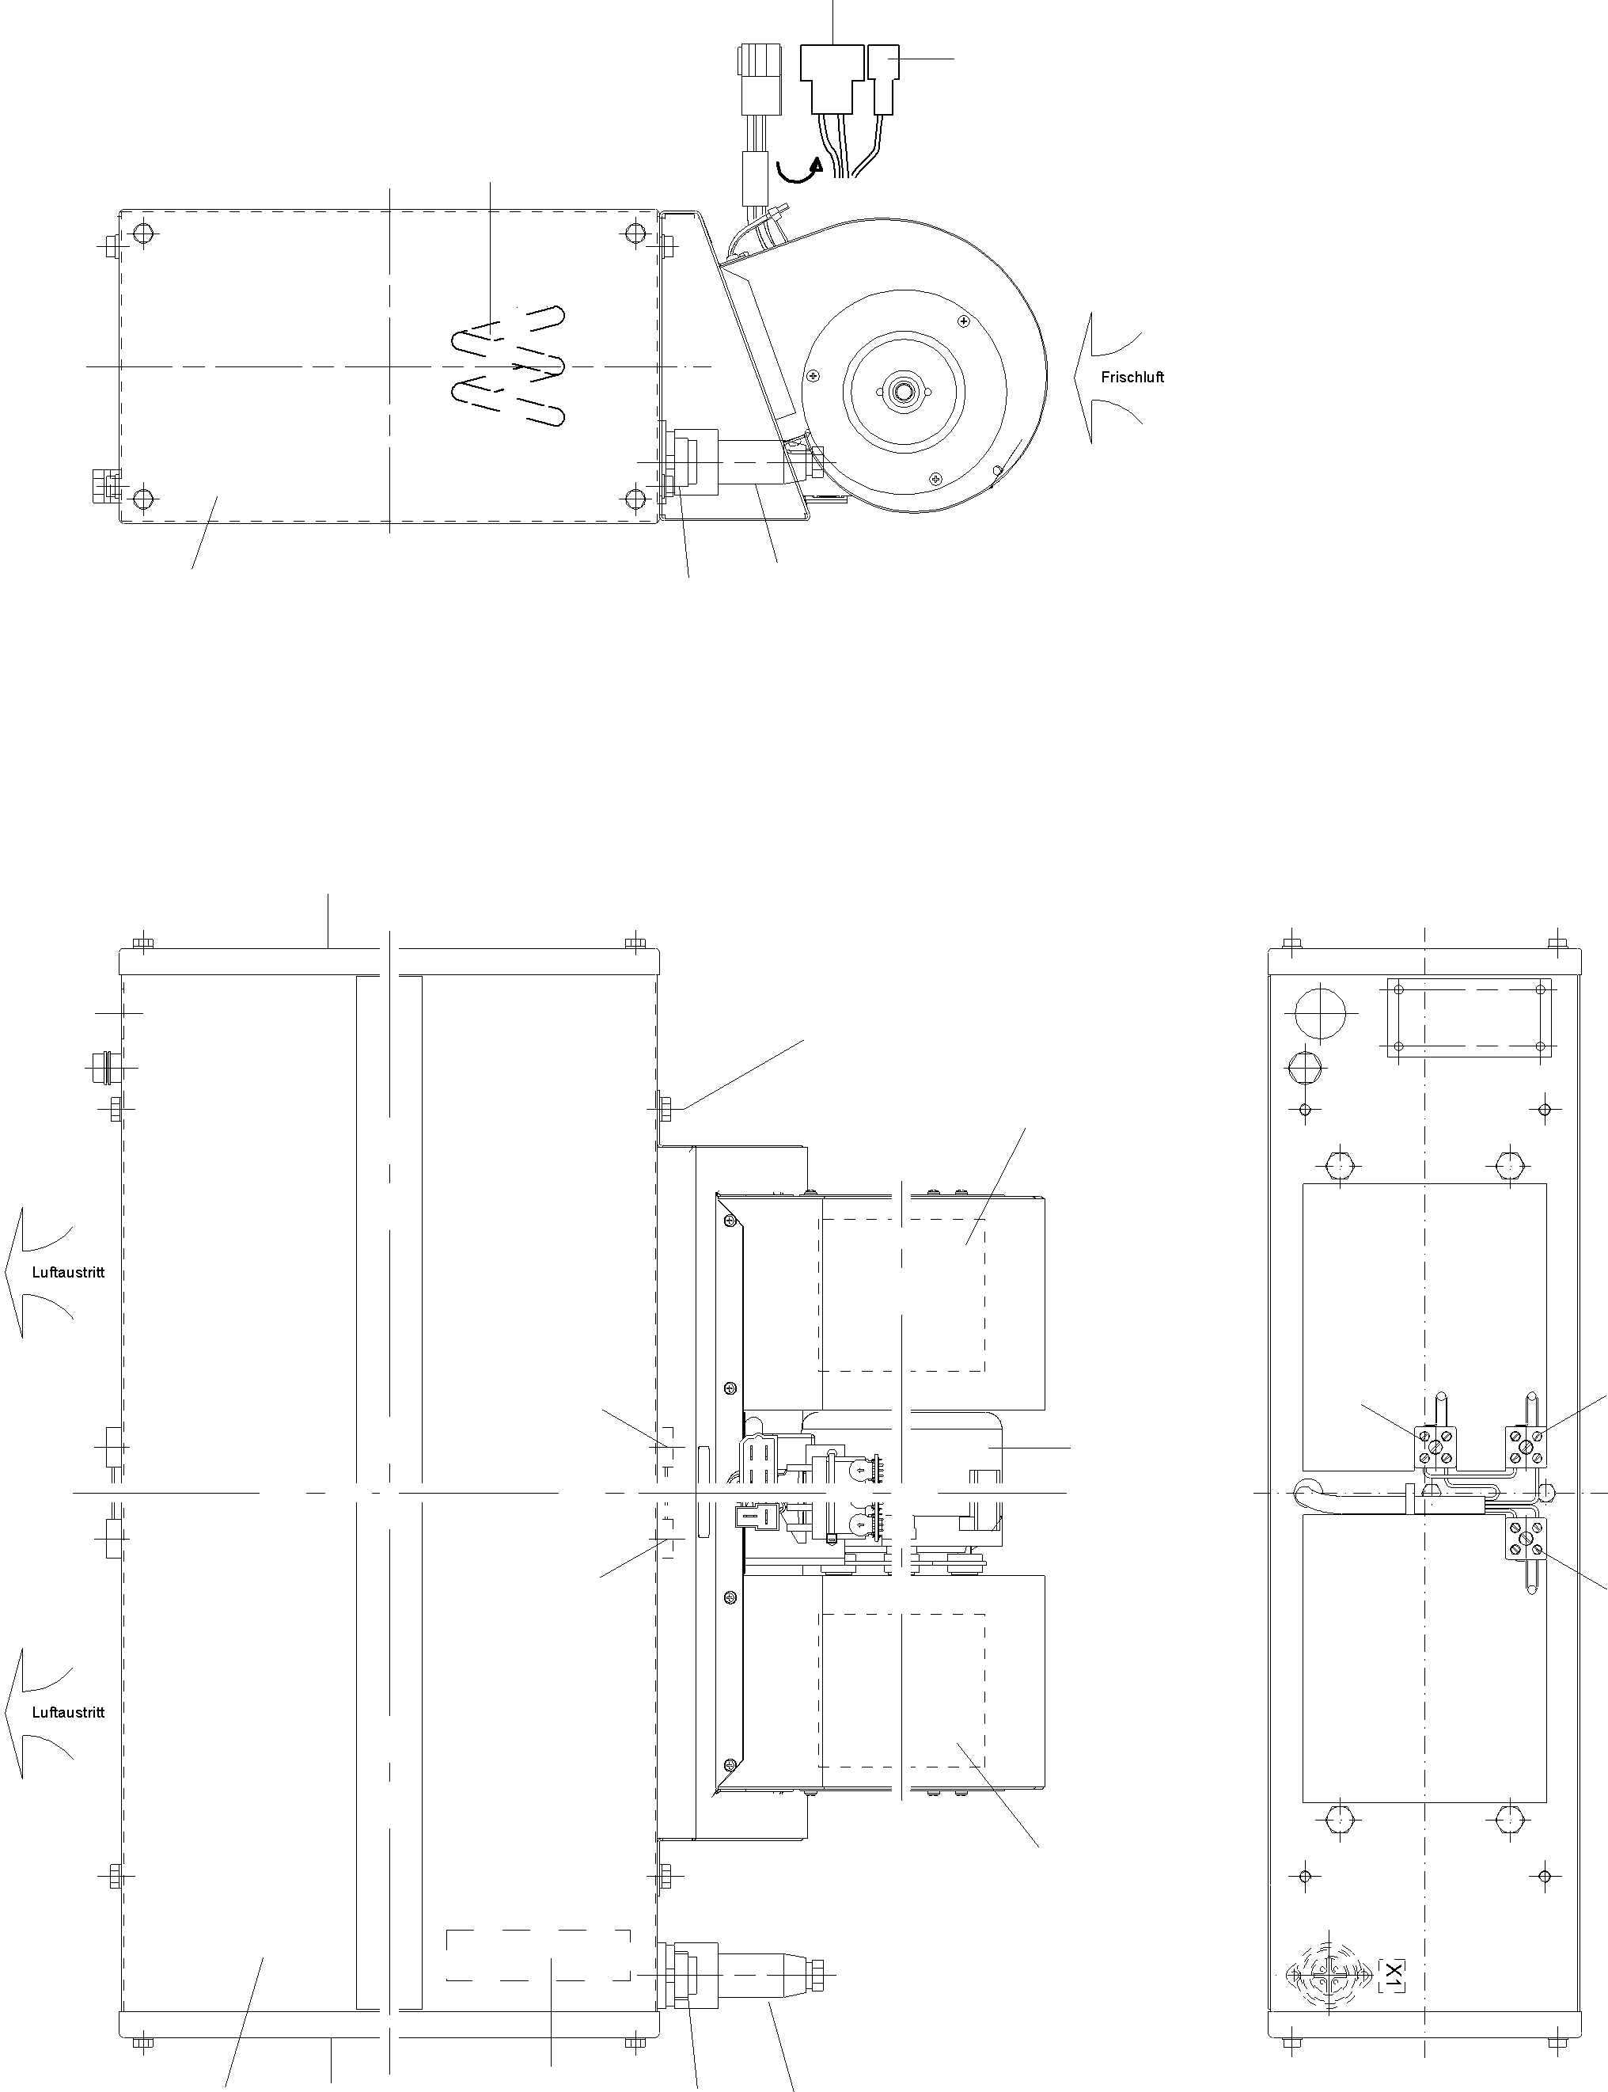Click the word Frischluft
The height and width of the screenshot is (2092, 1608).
click(x=1132, y=378)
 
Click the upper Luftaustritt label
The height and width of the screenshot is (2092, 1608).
click(x=68, y=1273)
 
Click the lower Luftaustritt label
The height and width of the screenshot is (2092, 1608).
click(x=68, y=1712)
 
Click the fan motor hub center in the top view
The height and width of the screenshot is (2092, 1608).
click(x=901, y=391)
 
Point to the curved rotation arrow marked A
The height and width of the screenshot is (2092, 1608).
click(x=798, y=170)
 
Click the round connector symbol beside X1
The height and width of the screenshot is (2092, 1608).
click(x=1324, y=2000)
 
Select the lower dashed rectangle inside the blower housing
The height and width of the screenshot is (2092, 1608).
click(x=901, y=1689)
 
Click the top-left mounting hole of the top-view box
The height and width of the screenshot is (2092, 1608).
click(x=143, y=233)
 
